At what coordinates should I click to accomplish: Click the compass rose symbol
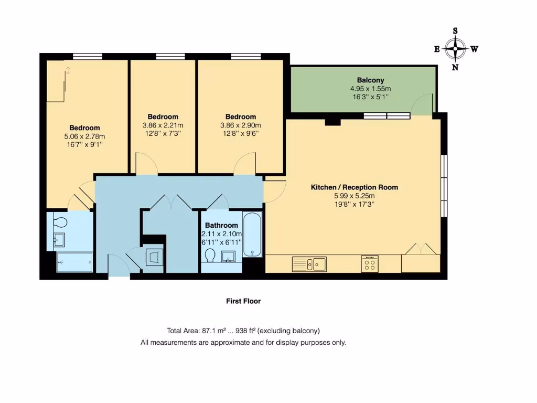click(x=455, y=49)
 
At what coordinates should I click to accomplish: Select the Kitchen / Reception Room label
click(x=355, y=187)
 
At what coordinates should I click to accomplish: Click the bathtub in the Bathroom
click(x=252, y=235)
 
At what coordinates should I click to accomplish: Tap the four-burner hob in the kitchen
click(x=370, y=264)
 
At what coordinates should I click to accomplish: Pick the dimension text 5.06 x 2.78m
click(x=84, y=136)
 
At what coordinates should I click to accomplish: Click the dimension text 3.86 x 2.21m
click(x=163, y=125)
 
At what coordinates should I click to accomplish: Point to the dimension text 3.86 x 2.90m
click(x=241, y=125)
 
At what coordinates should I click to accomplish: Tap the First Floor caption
click(x=243, y=301)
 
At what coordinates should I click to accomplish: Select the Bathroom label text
click(x=221, y=225)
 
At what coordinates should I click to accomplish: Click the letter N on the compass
click(x=455, y=67)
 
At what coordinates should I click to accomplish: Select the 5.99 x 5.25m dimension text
click(x=355, y=196)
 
